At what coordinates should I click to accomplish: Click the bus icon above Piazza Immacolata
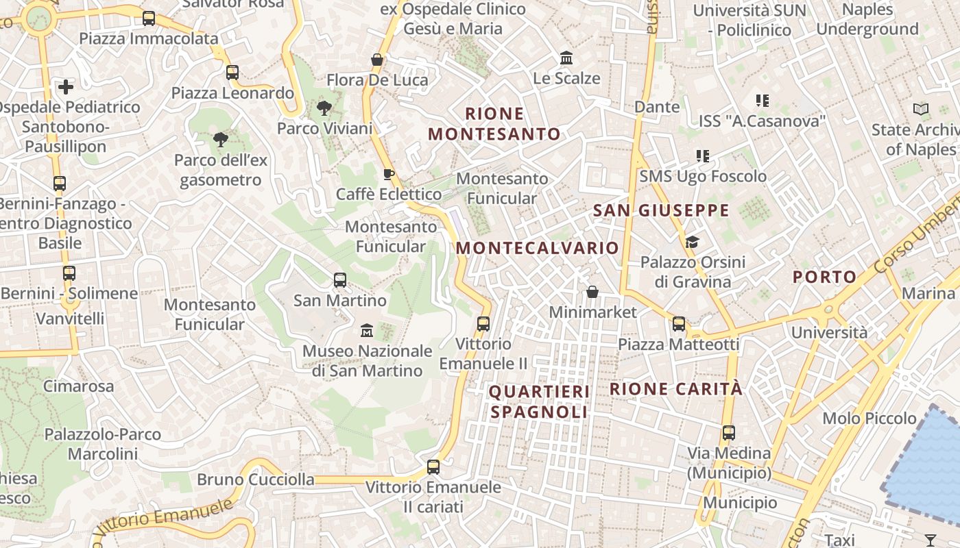(x=149, y=18)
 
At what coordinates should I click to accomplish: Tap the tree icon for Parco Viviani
(x=324, y=108)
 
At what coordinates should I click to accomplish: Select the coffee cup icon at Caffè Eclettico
(x=388, y=174)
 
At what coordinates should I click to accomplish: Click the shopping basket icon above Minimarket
(x=592, y=292)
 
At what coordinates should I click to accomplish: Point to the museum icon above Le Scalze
(x=566, y=58)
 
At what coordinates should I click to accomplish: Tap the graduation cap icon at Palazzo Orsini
(x=692, y=242)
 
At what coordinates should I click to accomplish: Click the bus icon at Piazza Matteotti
(x=679, y=324)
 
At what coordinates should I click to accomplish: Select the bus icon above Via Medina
(x=728, y=433)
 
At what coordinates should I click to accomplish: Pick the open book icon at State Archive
(x=921, y=109)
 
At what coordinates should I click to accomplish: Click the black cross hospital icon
(x=66, y=87)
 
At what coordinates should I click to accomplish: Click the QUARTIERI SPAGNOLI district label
(x=539, y=401)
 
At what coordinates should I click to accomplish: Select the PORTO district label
(x=825, y=277)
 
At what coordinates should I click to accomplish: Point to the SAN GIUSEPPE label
(x=661, y=210)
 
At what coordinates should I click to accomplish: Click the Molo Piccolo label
(x=869, y=418)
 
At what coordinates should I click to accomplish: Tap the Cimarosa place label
(x=79, y=386)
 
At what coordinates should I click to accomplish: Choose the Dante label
(x=657, y=107)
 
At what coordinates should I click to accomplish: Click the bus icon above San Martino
(x=339, y=279)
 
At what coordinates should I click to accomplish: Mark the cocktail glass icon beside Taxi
(x=931, y=540)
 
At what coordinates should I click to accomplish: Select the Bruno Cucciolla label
(x=256, y=480)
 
